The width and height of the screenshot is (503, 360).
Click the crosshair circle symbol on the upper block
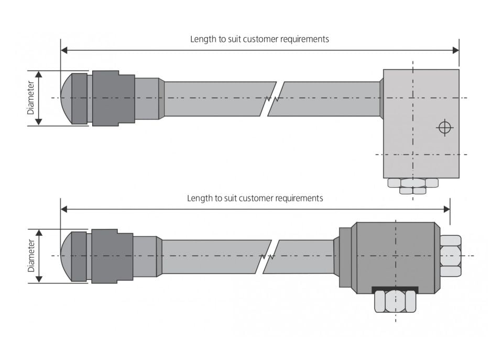pos(444,127)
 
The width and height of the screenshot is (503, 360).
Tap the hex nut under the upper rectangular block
pos(413,184)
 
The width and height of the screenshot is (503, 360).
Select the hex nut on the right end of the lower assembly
pos(450,256)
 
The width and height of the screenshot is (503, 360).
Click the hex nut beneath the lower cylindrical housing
pos(396,301)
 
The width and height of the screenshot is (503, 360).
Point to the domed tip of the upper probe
pos(66,98)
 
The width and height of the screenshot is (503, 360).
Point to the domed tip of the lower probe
pos(66,256)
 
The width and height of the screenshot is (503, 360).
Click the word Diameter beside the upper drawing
pos(30,98)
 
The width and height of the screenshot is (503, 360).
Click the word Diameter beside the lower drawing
pos(30,256)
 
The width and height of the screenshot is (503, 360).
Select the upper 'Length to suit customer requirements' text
pos(259,39)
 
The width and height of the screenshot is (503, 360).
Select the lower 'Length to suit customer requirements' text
pos(255,198)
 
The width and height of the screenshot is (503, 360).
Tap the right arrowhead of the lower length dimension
pos(446,209)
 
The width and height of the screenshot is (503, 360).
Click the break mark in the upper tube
pos(272,99)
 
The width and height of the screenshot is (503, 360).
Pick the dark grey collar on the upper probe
pos(113,98)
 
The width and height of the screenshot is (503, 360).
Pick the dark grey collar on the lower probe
pos(112,256)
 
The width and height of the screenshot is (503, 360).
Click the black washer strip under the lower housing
pos(395,289)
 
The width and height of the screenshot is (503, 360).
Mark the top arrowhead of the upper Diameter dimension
pos(38,74)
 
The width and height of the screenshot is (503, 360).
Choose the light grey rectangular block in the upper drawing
pos(421,123)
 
